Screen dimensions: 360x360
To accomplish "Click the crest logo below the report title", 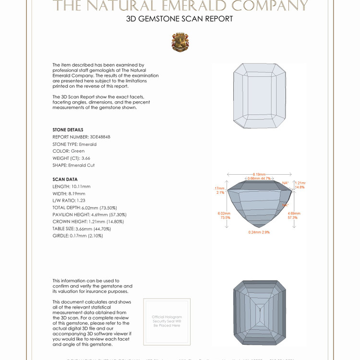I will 180,42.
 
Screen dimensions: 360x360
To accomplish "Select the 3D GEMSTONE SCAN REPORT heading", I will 180,19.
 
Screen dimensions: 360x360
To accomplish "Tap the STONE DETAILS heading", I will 68,130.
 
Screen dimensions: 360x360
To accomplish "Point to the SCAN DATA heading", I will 65,180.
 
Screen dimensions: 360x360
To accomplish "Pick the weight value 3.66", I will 85,158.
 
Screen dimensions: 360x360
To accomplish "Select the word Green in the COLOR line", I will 78,151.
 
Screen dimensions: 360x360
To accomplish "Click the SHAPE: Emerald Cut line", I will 73,166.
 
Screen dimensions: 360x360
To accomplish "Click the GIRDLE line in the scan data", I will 78,236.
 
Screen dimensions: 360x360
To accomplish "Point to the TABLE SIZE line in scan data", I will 82,229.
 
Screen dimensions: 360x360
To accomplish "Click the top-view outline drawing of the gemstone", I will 259,96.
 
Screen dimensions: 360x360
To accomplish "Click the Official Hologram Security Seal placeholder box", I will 167,322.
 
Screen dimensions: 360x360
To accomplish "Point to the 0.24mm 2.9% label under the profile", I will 259,232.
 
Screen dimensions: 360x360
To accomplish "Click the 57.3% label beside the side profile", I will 293,217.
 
